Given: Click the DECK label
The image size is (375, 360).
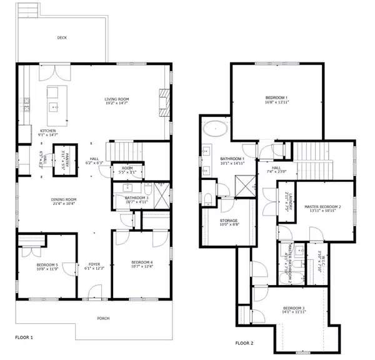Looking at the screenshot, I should point(62,37).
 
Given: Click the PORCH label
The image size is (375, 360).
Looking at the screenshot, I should point(104,318).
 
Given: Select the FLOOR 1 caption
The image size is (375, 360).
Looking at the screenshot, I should point(24,337).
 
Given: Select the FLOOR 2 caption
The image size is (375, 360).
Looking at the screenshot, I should point(245,343).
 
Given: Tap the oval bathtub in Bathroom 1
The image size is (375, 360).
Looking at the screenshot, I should point(215,129).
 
